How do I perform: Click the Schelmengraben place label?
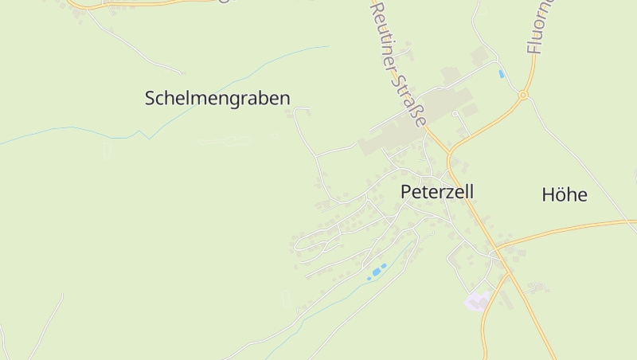[x=217, y=98]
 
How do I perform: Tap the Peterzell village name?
[x=437, y=192]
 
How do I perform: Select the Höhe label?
[x=564, y=194]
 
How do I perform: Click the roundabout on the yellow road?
[x=523, y=96]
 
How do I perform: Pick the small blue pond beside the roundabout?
[x=501, y=74]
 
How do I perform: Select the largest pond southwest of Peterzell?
[x=373, y=274]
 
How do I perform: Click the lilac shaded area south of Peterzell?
[x=476, y=301]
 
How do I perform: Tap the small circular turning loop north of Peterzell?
[x=455, y=114]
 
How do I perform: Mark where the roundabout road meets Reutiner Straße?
[x=450, y=151]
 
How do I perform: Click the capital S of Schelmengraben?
[x=150, y=98]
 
